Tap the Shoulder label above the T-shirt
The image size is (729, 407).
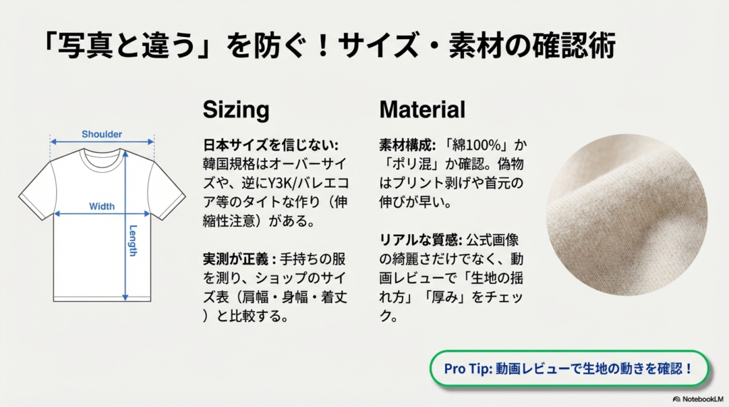(102, 134)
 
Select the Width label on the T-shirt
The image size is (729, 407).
(102, 206)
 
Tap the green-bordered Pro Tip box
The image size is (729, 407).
(570, 369)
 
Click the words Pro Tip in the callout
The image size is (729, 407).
(466, 369)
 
